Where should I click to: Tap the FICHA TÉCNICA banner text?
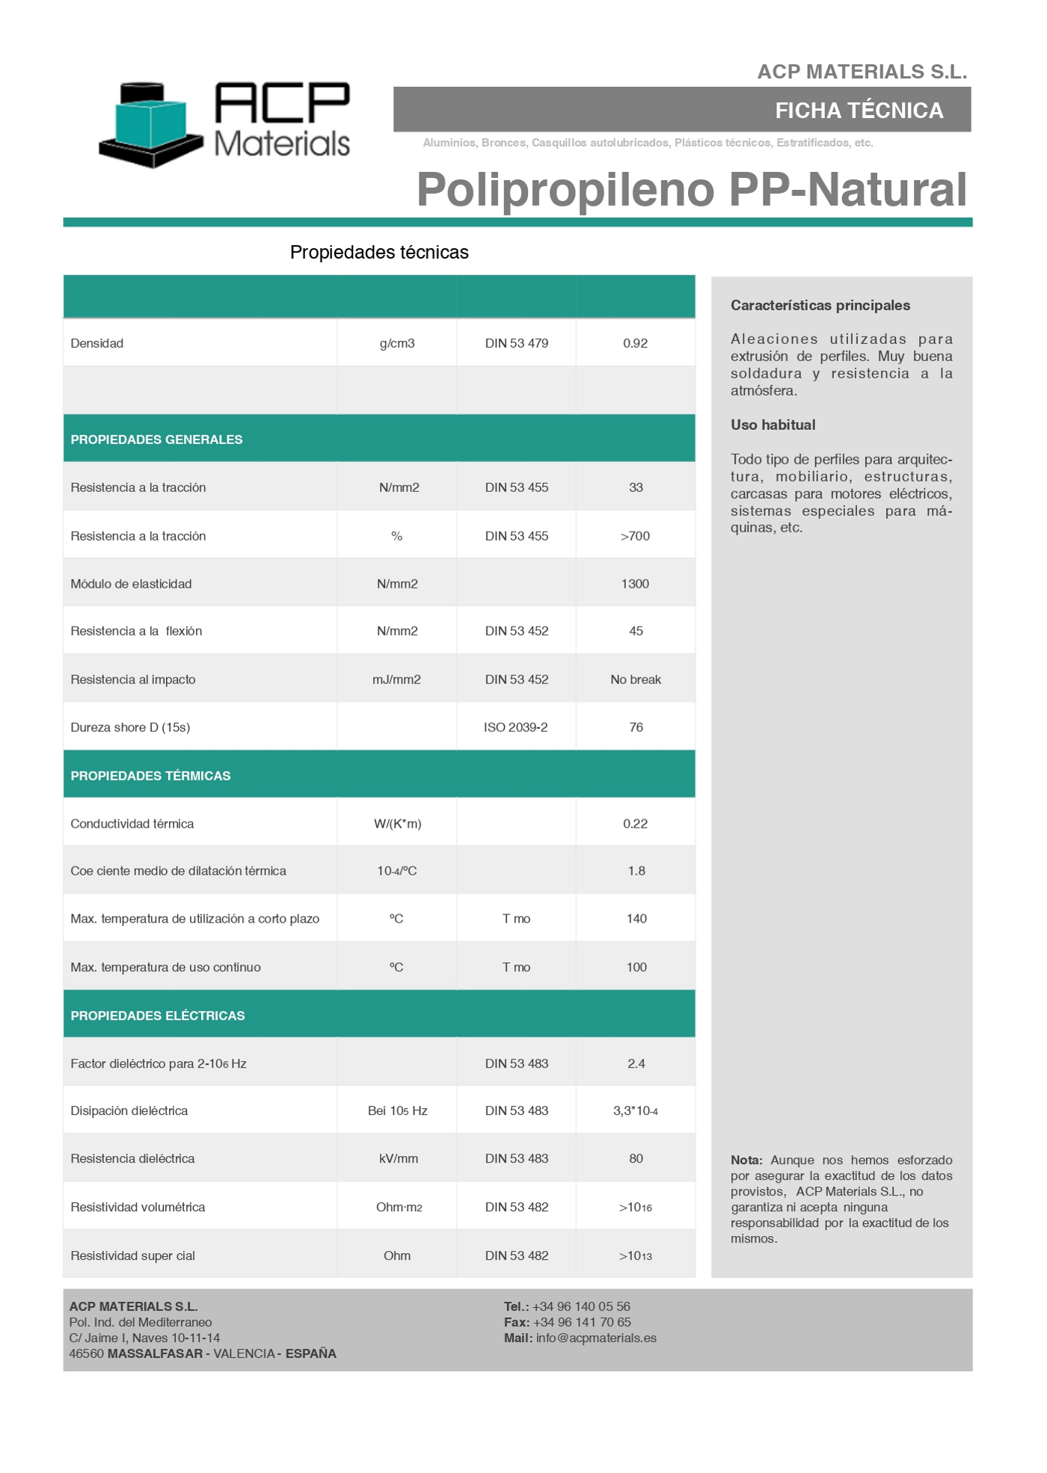click(x=859, y=111)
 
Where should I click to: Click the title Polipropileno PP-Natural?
click(x=691, y=189)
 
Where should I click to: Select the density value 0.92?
click(x=635, y=343)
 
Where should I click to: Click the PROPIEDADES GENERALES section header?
click(x=156, y=440)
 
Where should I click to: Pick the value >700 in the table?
click(x=635, y=536)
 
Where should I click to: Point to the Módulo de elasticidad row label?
click(x=131, y=584)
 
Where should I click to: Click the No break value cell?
click(x=635, y=680)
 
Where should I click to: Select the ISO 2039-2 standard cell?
click(x=515, y=728)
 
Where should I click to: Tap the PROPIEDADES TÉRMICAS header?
click(x=150, y=776)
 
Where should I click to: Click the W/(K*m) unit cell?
click(x=397, y=824)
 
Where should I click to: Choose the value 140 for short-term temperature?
click(x=636, y=919)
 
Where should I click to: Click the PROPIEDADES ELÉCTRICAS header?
click(x=157, y=1016)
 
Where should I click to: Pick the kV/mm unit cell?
click(x=398, y=1159)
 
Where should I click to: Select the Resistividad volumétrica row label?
click(x=138, y=1208)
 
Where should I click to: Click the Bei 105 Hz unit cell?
click(x=397, y=1111)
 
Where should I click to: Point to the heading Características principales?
click(x=820, y=305)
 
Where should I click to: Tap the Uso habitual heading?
click(x=773, y=425)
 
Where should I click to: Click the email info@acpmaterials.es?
click(x=596, y=1338)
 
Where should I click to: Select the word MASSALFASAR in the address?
click(x=155, y=1354)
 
